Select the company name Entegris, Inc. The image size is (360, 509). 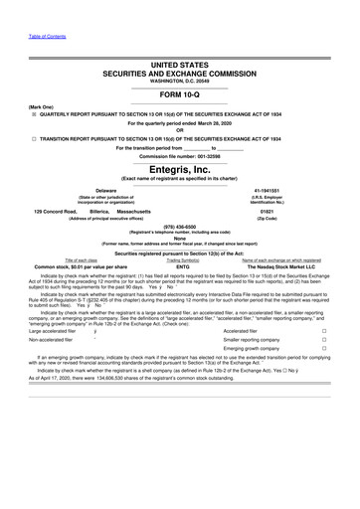click(179, 170)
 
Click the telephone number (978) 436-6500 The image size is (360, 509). click(179, 225)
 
